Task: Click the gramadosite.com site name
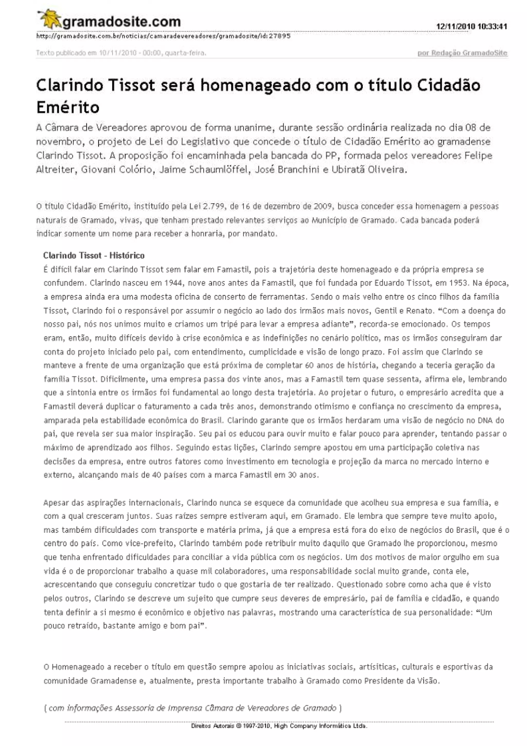(121, 22)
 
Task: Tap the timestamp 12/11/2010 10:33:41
(471, 26)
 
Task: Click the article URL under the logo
(163, 36)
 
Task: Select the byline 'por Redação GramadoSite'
(462, 53)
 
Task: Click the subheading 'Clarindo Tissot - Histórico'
(94, 255)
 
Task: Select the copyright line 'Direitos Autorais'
(279, 726)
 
